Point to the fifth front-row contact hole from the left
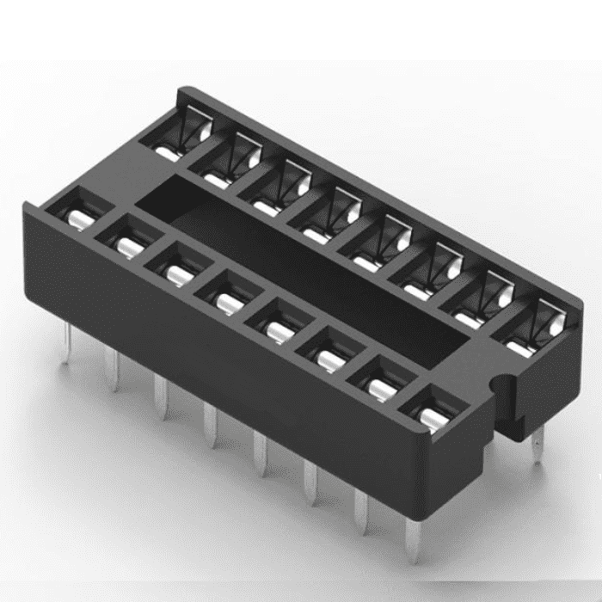[277, 327]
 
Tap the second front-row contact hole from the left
[128, 241]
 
